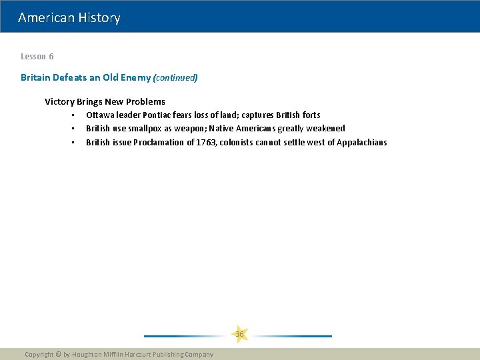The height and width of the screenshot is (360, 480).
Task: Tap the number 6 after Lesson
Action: coord(51,57)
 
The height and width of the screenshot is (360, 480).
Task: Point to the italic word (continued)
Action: coord(175,77)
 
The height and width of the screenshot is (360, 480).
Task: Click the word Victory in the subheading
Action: coord(59,101)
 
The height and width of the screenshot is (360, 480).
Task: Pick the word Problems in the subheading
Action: coord(145,101)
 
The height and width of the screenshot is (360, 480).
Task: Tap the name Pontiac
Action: coord(159,115)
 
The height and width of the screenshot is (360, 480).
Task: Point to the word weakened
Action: coord(325,128)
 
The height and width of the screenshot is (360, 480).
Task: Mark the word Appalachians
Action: coord(361,142)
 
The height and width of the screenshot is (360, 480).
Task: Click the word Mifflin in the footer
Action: coord(123,355)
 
